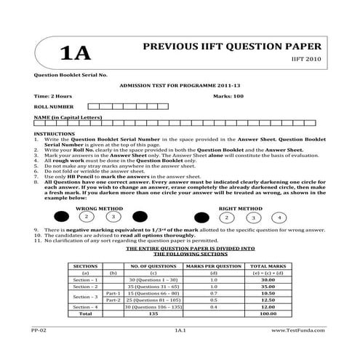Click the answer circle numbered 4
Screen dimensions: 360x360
279,217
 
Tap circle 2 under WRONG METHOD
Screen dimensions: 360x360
86,217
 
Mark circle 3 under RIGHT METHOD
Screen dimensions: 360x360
252,217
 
